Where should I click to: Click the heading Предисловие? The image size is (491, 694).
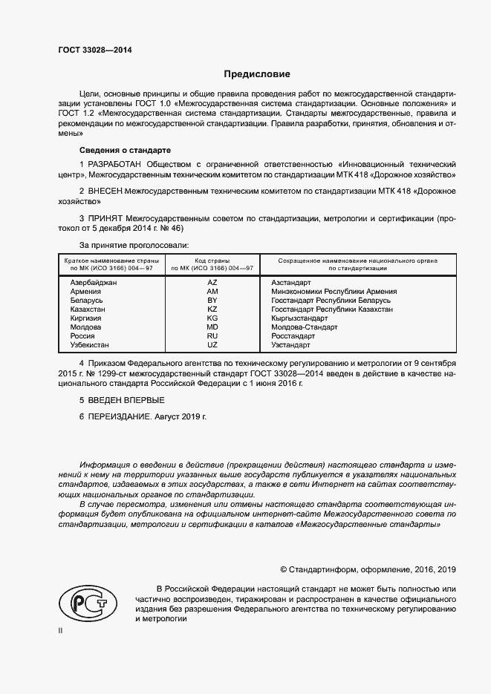pyautogui.click(x=258, y=74)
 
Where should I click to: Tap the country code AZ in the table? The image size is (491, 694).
pyautogui.click(x=212, y=283)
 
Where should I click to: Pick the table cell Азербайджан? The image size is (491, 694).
pyautogui.click(x=93, y=283)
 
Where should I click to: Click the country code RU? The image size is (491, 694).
pyautogui.click(x=212, y=336)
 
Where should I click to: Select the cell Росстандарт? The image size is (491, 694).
pyautogui.click(x=293, y=336)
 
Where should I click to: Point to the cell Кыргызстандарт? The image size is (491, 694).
pyautogui.click(x=299, y=318)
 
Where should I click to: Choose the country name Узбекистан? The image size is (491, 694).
pyautogui.click(x=89, y=345)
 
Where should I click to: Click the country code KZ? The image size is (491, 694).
pyautogui.click(x=212, y=310)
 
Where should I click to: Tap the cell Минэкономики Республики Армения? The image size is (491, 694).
pyautogui.click(x=334, y=292)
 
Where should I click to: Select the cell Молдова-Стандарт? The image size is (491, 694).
pyautogui.click(x=305, y=327)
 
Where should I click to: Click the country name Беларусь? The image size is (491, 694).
pyautogui.click(x=86, y=301)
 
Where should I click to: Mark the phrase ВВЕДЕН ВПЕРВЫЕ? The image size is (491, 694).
pyautogui.click(x=116, y=401)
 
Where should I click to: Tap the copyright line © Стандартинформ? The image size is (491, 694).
pyautogui.click(x=368, y=569)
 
